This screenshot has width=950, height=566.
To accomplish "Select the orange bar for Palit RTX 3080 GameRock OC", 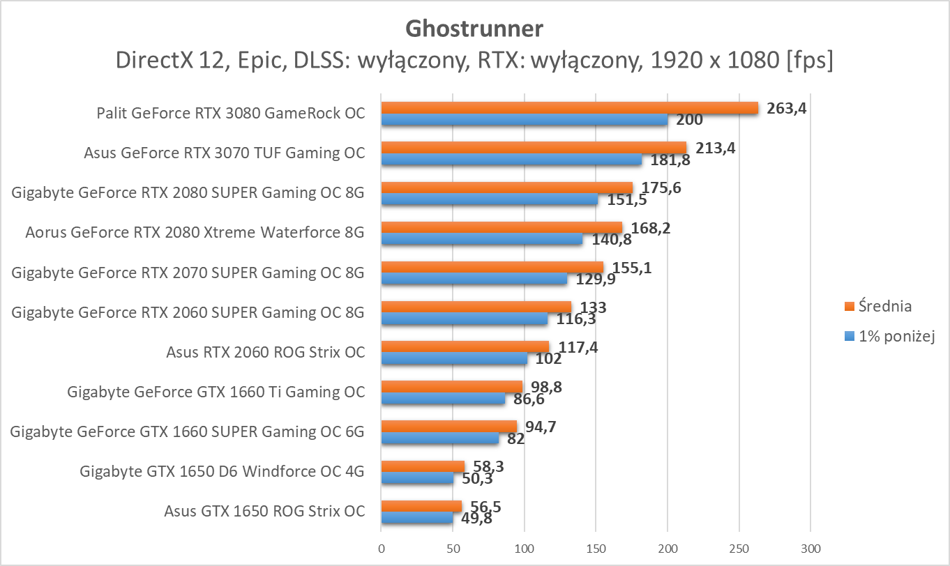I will [569, 107].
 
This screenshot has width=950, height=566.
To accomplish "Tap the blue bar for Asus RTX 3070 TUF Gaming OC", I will [511, 160].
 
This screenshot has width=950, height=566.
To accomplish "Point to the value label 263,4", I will [786, 108].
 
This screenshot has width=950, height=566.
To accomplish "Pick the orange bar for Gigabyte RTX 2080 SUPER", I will [506, 188].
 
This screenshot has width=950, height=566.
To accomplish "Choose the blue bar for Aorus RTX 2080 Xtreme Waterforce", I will [482, 239].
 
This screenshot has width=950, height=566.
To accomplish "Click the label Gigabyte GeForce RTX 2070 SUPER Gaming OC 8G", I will [188, 273].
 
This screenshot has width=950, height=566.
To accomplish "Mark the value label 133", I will [593, 307].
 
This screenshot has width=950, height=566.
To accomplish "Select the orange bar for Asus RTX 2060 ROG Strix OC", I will [465, 346].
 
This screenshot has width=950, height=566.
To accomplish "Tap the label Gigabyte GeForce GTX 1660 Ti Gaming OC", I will [216, 392].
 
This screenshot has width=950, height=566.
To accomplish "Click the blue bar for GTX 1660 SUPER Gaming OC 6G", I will [439, 438].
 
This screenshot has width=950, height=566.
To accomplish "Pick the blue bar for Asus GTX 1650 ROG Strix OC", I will [416, 518].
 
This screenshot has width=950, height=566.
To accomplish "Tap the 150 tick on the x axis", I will [596, 549].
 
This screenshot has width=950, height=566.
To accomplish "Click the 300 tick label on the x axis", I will [810, 549].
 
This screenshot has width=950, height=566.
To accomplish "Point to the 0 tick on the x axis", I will [381, 549].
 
